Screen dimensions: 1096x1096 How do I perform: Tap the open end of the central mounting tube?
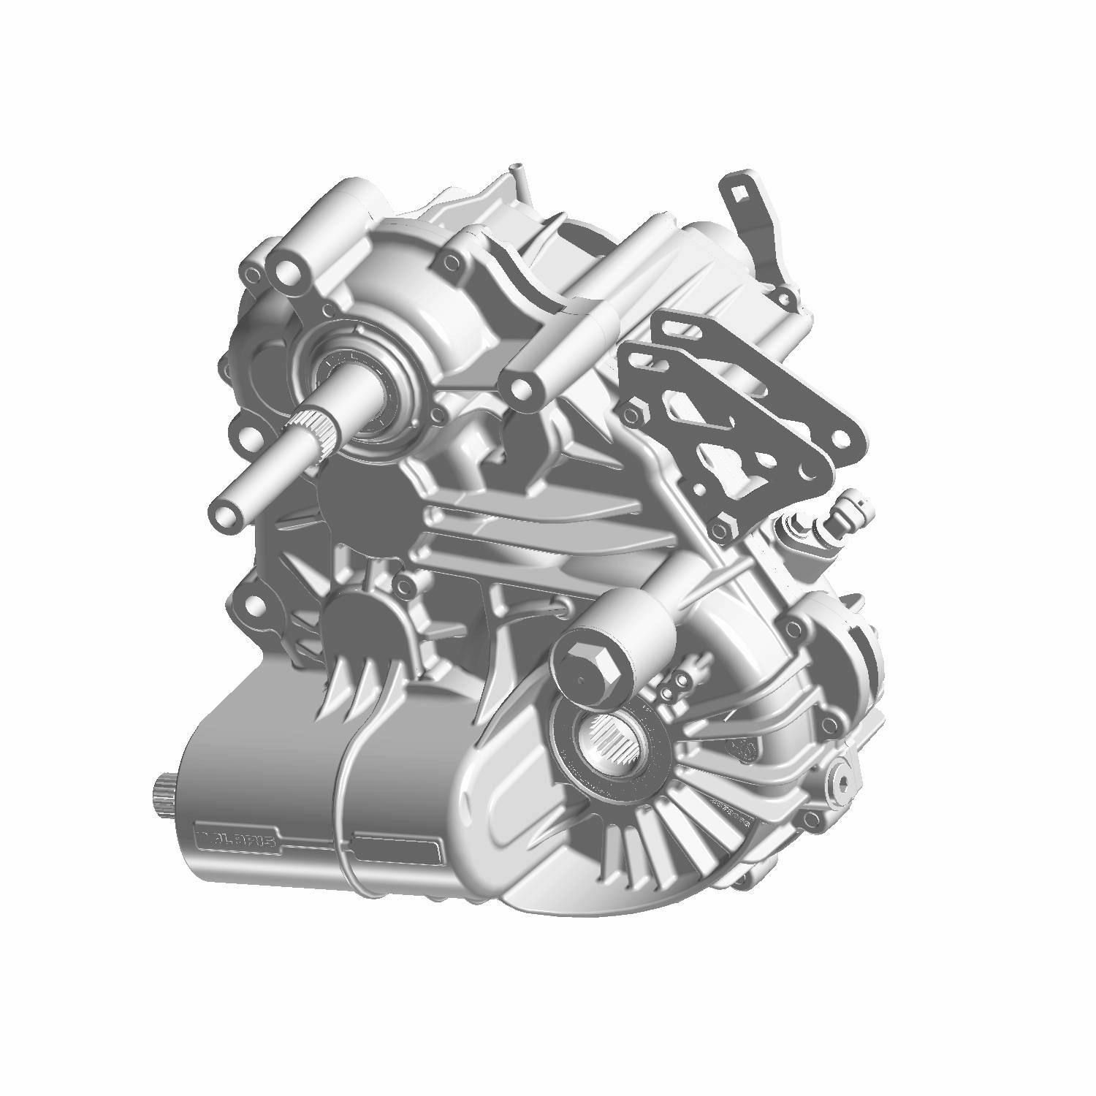coord(520,386)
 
